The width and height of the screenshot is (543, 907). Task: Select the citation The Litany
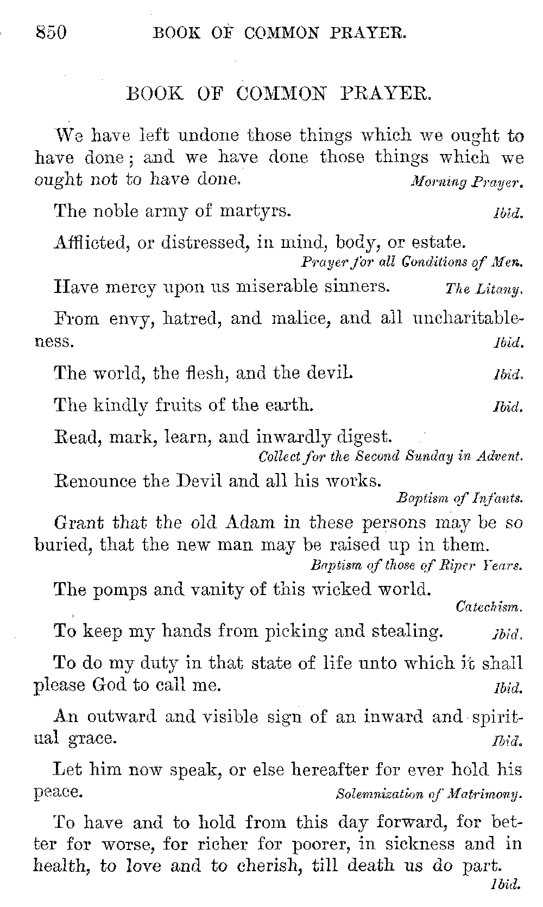[x=483, y=289]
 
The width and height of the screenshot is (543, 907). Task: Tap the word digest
[x=363, y=437]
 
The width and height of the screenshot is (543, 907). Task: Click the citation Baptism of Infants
[x=459, y=497]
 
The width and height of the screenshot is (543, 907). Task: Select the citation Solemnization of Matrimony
[x=429, y=795]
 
